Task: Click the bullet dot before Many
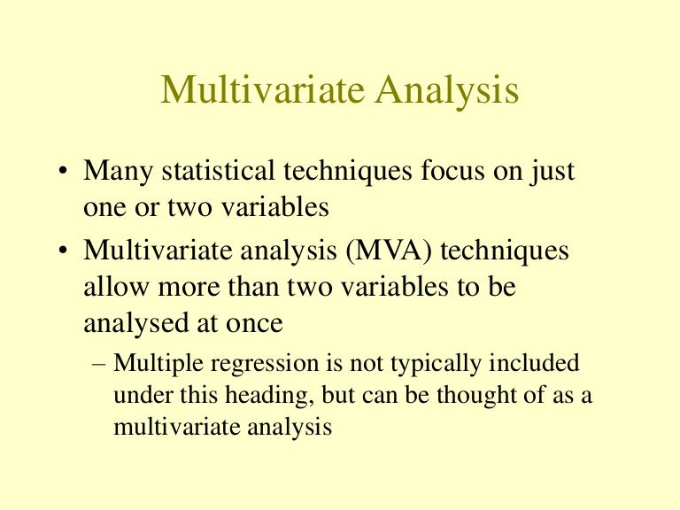tap(65, 173)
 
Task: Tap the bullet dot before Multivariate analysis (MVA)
tap(65, 252)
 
